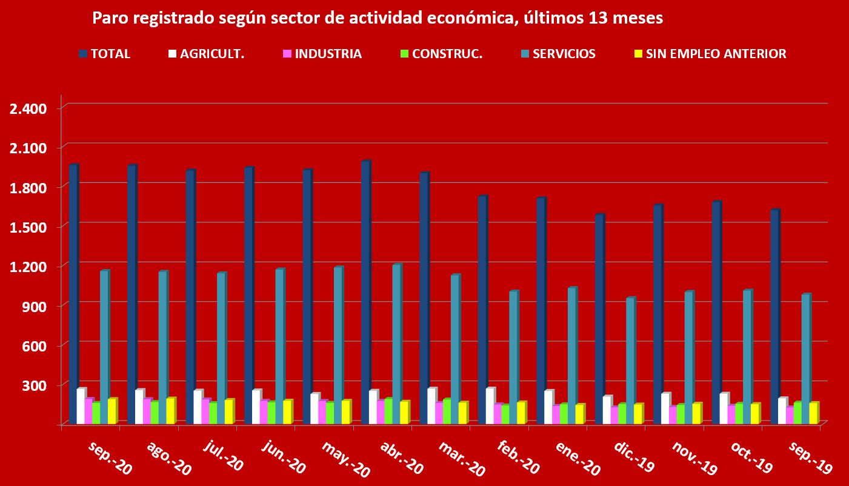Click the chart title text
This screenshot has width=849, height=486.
click(377, 18)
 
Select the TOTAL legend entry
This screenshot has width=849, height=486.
click(104, 54)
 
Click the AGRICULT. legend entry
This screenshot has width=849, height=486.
click(205, 54)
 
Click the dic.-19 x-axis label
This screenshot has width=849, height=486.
click(633, 458)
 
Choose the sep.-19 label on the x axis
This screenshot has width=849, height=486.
click(809, 458)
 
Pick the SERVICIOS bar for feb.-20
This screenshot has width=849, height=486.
click(513, 357)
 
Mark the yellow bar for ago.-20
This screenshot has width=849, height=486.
click(170, 411)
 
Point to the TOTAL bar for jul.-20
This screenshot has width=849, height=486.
click(190, 297)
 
